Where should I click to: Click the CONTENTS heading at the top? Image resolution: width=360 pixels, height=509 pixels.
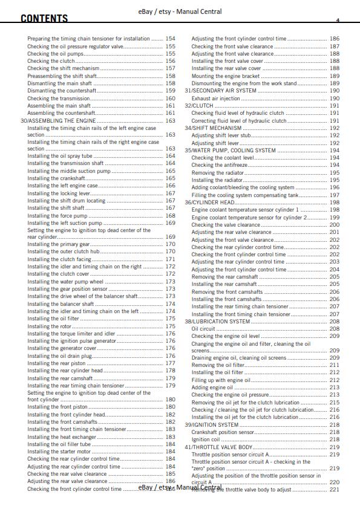point(44,19)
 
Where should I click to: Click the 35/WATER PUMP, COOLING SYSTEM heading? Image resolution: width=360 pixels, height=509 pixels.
point(231,150)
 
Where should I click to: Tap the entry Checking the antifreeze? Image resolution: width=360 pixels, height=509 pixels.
point(219,165)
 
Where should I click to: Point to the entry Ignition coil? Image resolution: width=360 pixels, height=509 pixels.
point(205,439)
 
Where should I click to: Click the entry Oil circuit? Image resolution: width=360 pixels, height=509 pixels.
point(203,329)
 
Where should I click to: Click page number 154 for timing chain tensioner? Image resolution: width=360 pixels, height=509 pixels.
point(170,39)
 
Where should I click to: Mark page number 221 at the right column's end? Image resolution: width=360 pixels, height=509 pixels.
point(334,490)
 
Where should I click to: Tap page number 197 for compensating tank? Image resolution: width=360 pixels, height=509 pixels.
point(334,195)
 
